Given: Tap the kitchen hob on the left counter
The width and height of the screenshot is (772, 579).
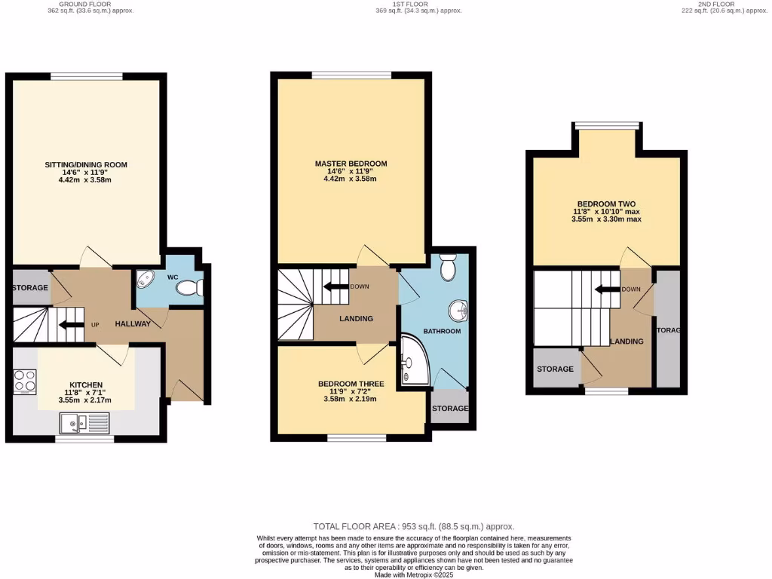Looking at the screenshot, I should click(x=25, y=381).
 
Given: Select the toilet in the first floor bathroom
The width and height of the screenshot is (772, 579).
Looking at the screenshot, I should click(x=448, y=266).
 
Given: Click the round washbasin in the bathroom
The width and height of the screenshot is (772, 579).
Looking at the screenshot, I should click(x=458, y=309).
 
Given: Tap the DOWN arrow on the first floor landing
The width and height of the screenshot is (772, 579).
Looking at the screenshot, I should click(x=334, y=286).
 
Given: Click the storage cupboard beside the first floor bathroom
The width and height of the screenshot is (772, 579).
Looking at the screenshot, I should click(x=449, y=408).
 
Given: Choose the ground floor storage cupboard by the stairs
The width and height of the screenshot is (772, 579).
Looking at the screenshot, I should click(x=30, y=287).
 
